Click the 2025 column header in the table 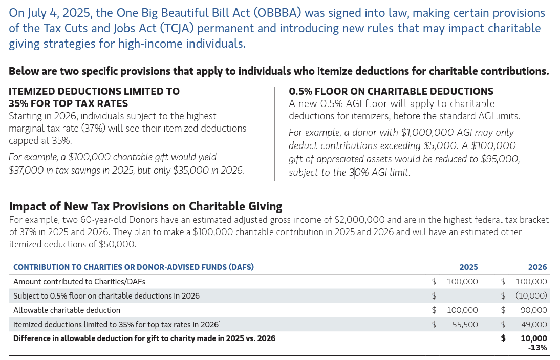click(x=468, y=267)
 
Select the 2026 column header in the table click(x=537, y=267)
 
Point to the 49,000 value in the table click(x=534, y=324)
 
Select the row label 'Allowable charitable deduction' click(x=67, y=310)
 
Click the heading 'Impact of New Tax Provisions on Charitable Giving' click(x=145, y=206)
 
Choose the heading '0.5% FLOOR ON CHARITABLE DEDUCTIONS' click(x=391, y=91)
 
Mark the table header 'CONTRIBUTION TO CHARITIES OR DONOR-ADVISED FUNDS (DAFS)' click(x=133, y=267)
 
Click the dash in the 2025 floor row click(x=475, y=296)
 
